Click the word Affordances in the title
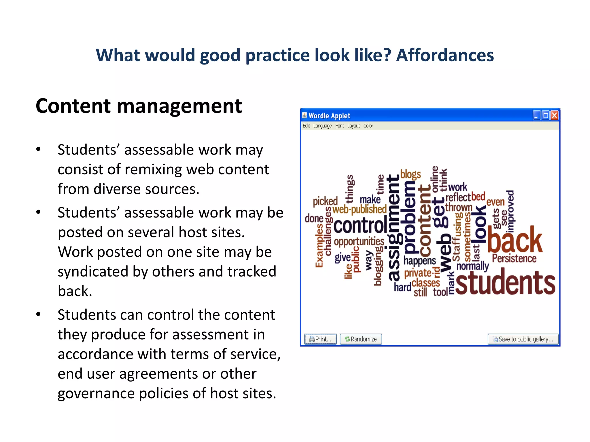445,55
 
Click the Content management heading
139,106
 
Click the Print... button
320,339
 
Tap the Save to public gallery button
523,339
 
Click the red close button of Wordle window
554,116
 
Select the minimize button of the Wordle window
536,116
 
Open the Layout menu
353,126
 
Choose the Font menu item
339,126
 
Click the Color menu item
368,126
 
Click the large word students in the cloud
505,283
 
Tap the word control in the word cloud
360,225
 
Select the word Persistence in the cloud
514,258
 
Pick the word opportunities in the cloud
359,241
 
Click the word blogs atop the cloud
410,174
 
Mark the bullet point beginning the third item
38,314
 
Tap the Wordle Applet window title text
329,116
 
